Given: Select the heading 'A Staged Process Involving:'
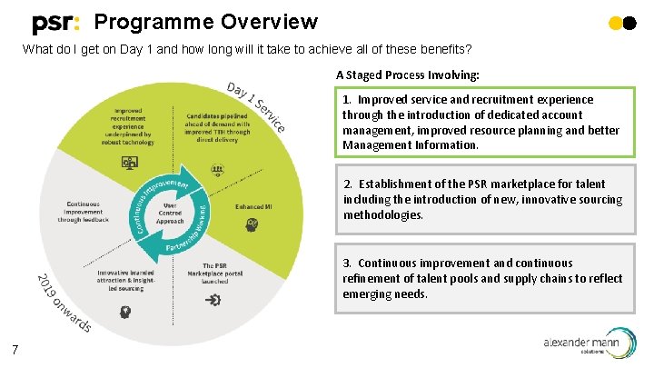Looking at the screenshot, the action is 407,75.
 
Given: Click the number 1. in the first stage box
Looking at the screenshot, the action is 348,100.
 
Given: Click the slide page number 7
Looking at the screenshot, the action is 16,350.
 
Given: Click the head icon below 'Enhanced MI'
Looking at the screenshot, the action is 253,224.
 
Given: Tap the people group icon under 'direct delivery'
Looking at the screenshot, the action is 217,169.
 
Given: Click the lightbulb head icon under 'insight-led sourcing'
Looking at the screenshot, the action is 125,310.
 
